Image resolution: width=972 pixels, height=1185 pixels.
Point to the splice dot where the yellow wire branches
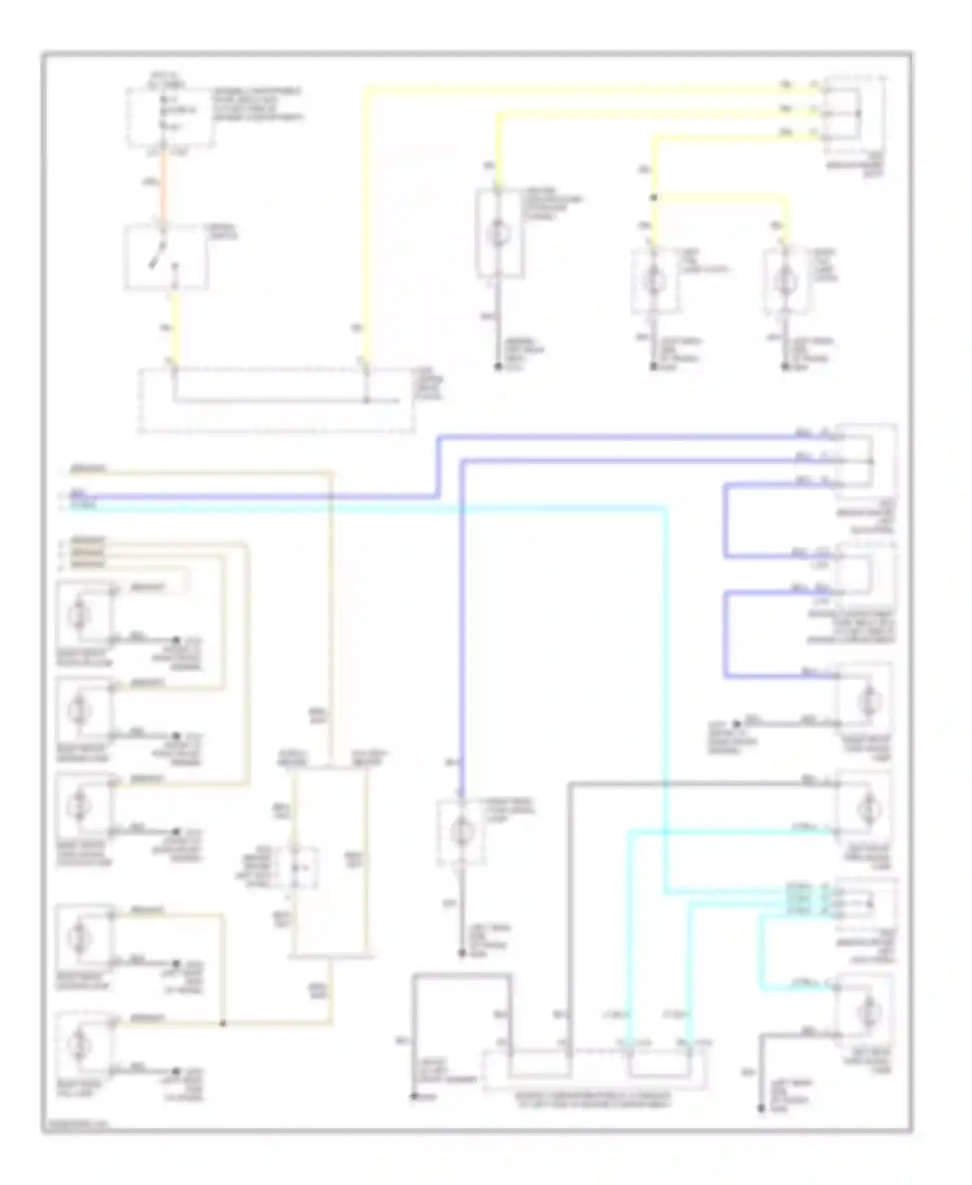(x=653, y=197)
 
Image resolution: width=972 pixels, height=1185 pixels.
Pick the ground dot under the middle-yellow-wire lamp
(x=498, y=367)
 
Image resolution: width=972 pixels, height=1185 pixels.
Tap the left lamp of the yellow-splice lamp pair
(x=654, y=281)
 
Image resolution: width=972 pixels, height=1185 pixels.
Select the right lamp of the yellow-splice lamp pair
(x=785, y=281)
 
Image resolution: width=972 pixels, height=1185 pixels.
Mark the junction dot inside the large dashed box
(x=366, y=401)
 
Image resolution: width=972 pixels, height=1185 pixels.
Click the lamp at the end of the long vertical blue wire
(x=461, y=830)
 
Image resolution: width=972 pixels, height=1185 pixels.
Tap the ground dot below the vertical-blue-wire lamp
(x=461, y=954)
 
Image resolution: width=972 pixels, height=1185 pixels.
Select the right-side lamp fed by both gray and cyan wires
(x=865, y=808)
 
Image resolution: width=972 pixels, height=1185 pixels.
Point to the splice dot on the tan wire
(x=222, y=1024)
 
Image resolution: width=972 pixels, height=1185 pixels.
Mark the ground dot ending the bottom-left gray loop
(x=413, y=1097)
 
